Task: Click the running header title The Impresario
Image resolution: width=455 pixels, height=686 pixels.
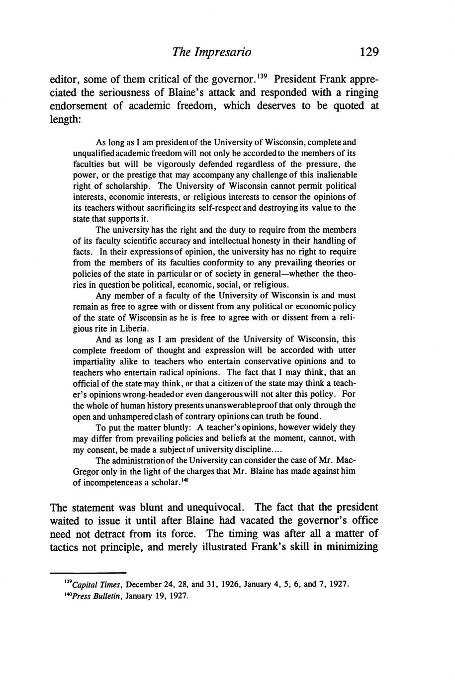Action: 211,52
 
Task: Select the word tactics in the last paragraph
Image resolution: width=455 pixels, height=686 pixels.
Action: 66,548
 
